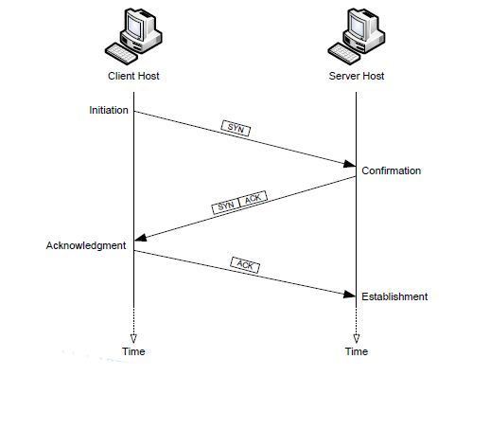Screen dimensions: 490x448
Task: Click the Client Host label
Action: click(133, 76)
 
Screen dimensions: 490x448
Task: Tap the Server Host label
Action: click(357, 76)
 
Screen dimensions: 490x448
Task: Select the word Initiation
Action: click(109, 110)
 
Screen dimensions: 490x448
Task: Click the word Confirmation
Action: click(391, 170)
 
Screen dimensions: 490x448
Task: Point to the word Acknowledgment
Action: click(86, 245)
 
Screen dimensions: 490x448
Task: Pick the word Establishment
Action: click(394, 296)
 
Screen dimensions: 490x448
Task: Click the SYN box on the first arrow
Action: click(236, 128)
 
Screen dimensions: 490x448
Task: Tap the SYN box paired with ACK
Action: click(226, 206)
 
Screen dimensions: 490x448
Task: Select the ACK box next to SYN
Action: click(254, 199)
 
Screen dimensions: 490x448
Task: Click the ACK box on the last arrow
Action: click(245, 265)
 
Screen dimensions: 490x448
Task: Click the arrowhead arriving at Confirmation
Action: click(349, 164)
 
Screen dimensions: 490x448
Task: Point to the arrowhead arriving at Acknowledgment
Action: click(141, 238)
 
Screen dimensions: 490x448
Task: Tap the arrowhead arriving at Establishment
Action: click(349, 295)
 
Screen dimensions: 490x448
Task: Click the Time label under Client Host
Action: click(133, 351)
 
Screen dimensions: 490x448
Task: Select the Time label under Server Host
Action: click(357, 351)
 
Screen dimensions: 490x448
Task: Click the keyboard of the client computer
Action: click(121, 54)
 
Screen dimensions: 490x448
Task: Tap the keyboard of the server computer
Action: click(344, 54)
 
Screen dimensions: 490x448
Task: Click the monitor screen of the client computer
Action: click(134, 27)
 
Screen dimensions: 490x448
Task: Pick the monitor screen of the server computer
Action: click(358, 27)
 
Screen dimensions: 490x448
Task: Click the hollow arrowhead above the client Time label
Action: click(133, 339)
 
